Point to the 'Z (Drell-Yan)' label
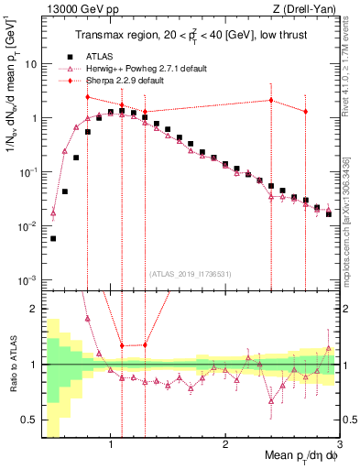(307, 9)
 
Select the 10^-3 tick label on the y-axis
(27, 279)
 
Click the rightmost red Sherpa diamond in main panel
(306, 111)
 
